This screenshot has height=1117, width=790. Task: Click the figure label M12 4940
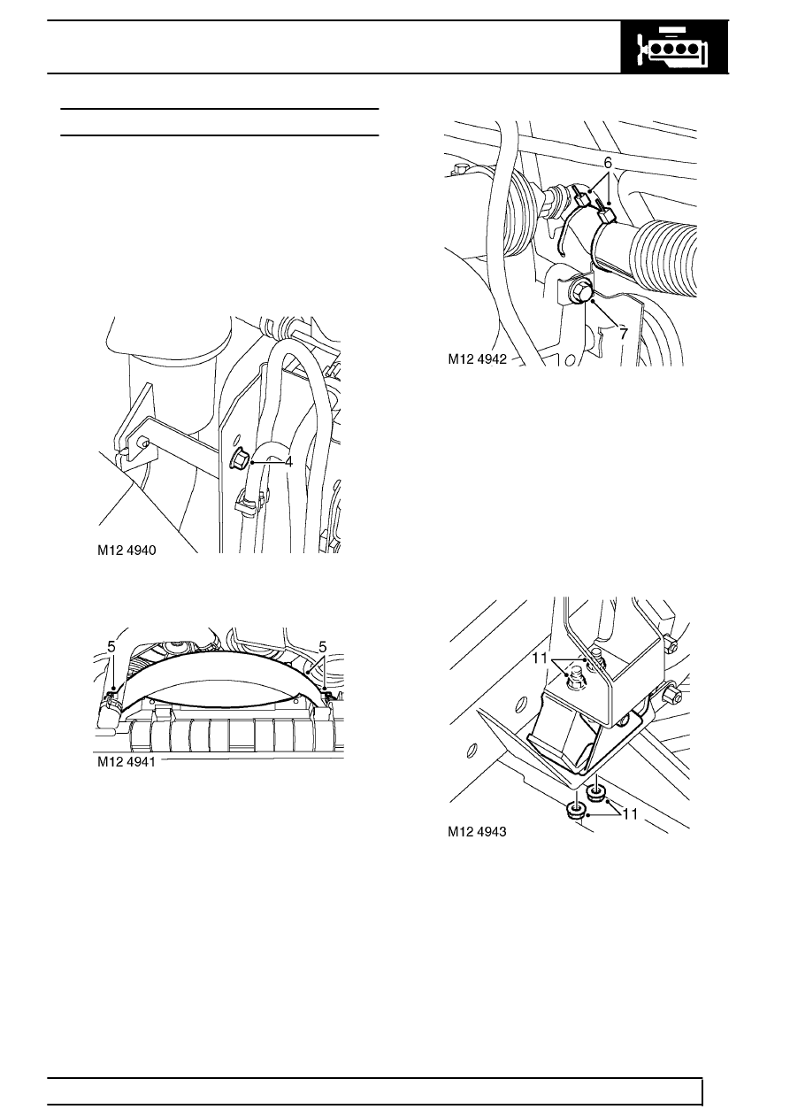[x=127, y=551]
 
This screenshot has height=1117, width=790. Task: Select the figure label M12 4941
[x=127, y=762]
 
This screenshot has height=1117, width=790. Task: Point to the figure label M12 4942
[x=477, y=359]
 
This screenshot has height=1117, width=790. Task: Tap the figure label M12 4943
[x=477, y=832]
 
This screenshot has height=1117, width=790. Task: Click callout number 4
[x=288, y=462]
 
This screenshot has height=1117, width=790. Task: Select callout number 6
[x=608, y=163]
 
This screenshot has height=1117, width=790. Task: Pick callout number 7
[x=624, y=334]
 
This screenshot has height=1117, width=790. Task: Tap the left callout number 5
[x=111, y=647]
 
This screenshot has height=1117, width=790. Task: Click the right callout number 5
[x=323, y=647]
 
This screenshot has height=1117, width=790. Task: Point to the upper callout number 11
[x=540, y=659]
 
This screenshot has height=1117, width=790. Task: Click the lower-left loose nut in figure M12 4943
[x=576, y=812]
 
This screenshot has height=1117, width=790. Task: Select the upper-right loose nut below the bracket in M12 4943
[x=594, y=791]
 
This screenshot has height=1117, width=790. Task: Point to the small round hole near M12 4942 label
[x=570, y=359]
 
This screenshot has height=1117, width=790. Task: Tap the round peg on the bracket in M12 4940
[x=144, y=442]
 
